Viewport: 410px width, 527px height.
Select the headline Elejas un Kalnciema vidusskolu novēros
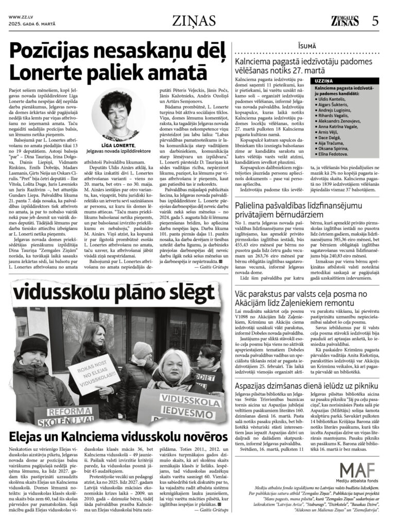coord(112,437)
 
